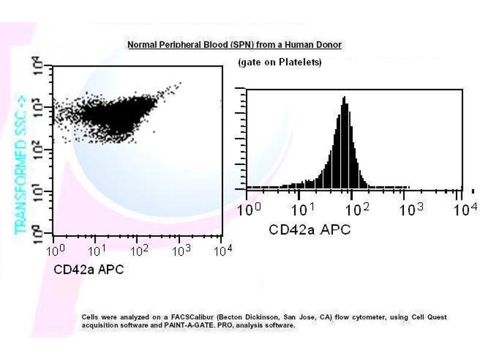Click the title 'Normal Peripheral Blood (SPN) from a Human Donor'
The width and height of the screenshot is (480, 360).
tap(235, 45)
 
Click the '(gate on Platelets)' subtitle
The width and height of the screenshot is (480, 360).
tap(280, 62)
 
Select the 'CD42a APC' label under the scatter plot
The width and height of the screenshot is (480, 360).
tap(89, 269)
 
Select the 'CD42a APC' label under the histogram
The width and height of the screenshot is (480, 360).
tap(310, 229)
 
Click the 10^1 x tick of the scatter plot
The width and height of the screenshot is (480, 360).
tap(96, 250)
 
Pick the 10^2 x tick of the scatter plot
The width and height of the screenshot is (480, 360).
tap(139, 250)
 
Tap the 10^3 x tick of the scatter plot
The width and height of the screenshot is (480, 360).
tap(181, 250)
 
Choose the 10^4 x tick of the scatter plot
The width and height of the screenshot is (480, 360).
tap(222, 250)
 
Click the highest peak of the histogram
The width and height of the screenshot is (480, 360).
tap(344, 97)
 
